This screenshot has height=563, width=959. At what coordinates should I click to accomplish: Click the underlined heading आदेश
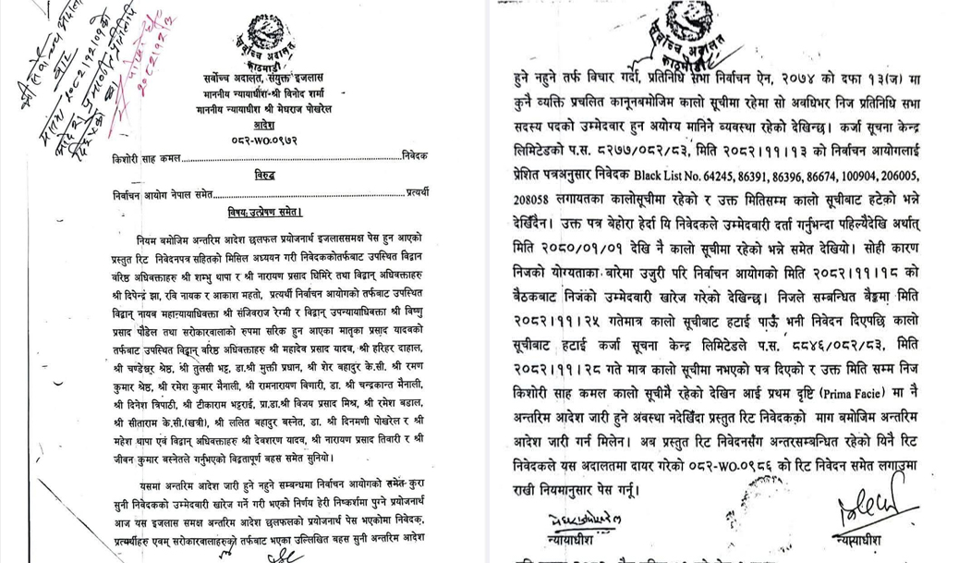click(264, 124)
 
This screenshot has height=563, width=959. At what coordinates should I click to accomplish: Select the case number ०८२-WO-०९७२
click(263, 140)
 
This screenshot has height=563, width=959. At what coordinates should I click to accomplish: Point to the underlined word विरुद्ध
click(264, 175)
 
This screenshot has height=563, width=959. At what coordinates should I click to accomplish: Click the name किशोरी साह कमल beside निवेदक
click(143, 158)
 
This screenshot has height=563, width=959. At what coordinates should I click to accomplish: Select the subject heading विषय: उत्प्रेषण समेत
click(264, 211)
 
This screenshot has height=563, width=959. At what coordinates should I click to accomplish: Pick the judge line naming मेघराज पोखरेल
click(264, 109)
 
